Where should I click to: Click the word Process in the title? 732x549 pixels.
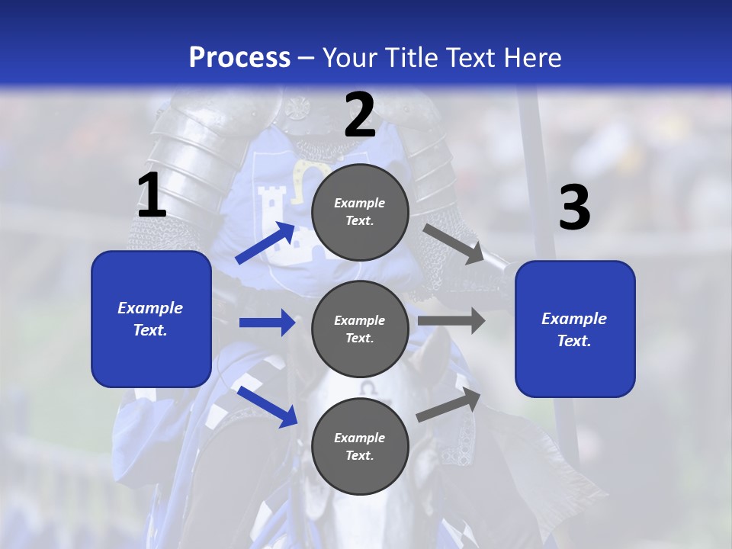tap(239, 57)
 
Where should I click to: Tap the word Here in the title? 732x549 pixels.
tap(531, 57)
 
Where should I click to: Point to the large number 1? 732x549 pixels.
tap(152, 196)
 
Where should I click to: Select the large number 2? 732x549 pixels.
tap(360, 116)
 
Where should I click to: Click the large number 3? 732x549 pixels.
tap(574, 208)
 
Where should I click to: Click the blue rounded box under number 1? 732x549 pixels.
tap(151, 319)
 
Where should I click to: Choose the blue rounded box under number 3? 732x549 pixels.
tap(575, 329)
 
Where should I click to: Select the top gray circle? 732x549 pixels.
tap(360, 212)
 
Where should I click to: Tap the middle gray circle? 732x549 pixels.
tap(360, 329)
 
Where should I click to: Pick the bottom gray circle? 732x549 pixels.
tap(360, 447)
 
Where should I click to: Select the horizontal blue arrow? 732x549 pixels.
tap(267, 323)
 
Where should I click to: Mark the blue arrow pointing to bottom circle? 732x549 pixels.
tap(267, 406)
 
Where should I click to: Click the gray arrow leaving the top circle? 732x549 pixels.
tap(454, 245)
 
